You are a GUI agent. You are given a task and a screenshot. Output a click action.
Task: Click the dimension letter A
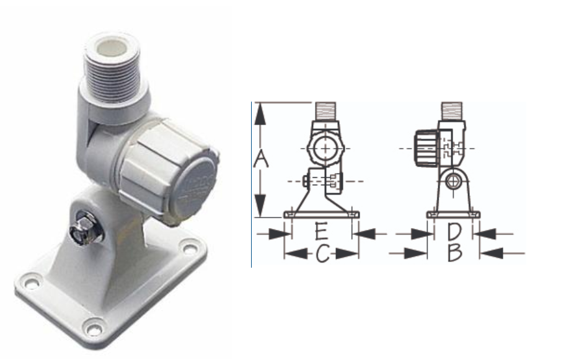click(260, 159)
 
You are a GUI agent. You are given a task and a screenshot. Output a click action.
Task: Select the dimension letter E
click(322, 231)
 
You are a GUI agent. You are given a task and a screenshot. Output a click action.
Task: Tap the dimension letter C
click(323, 253)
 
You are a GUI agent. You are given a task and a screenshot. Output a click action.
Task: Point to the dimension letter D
click(454, 232)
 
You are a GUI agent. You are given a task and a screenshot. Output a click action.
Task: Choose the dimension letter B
click(455, 253)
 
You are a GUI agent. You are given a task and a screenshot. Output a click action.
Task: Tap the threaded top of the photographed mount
click(112, 69)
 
